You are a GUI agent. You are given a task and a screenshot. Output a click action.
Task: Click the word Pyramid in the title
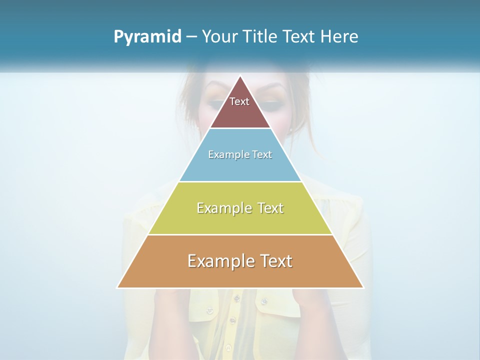click(147, 37)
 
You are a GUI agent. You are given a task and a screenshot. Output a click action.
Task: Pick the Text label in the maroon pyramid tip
click(239, 101)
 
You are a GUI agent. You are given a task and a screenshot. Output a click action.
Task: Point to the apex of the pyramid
click(240, 76)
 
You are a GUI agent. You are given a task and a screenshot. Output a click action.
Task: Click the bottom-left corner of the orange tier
click(118, 287)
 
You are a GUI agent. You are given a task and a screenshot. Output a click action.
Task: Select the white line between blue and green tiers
click(240, 181)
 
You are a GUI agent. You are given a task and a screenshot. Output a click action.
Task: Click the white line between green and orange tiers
click(240, 234)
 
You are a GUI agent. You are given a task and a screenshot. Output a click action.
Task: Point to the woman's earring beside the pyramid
click(290, 129)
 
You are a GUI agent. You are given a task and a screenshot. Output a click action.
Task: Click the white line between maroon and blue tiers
click(240, 128)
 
